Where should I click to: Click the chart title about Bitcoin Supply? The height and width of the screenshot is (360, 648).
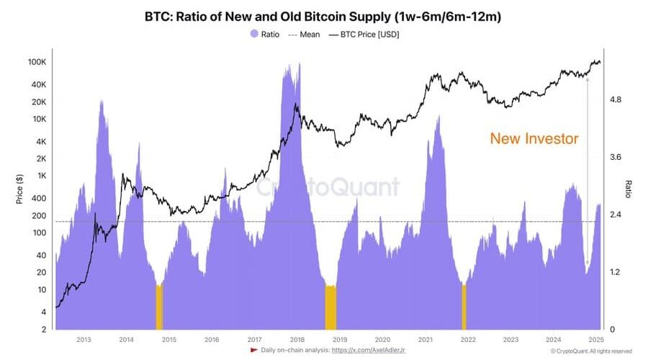point(324,16)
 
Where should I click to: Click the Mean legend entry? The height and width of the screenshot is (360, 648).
point(305,34)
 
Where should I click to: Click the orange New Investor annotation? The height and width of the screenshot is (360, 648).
point(534,139)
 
